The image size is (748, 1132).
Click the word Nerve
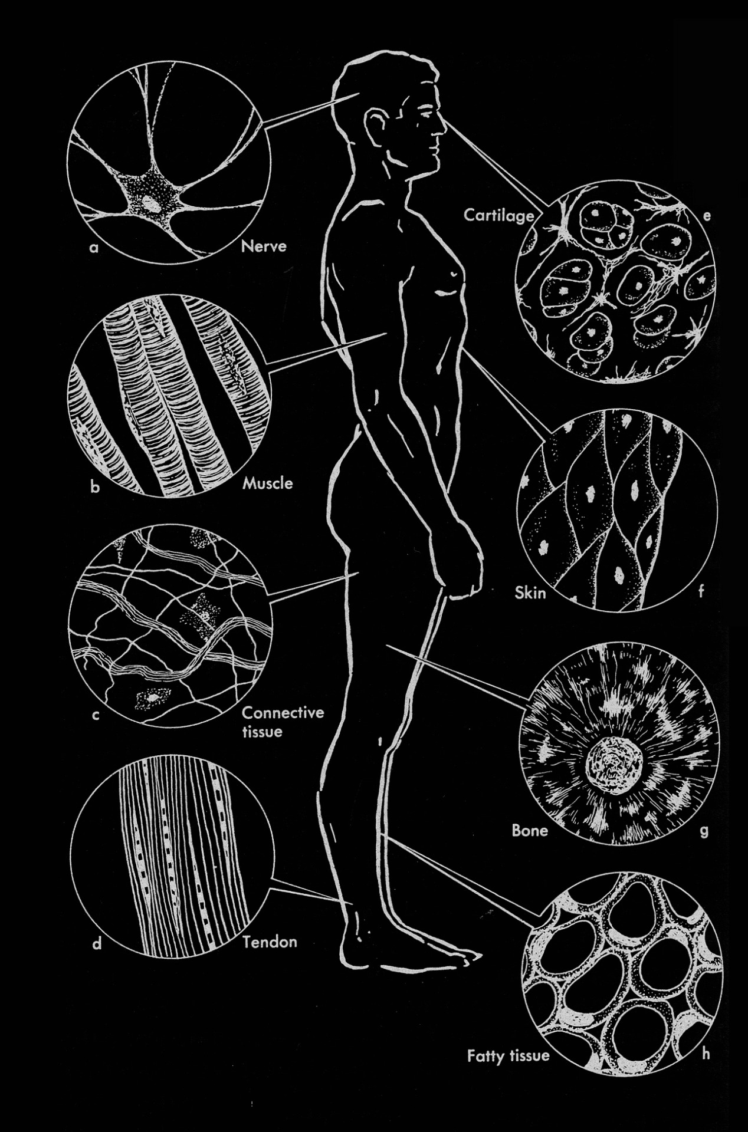coord(263,246)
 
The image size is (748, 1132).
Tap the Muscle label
coord(267,483)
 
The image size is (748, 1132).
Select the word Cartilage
coord(498,216)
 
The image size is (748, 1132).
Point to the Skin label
coord(530,593)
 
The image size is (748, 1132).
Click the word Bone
coord(530,831)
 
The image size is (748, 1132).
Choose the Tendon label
coord(270,942)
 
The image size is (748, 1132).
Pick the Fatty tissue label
coord(508,1055)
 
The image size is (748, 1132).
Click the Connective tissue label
coord(283,722)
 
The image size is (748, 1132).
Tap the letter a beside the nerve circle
coord(93,248)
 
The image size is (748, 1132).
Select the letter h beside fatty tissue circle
coord(706,1054)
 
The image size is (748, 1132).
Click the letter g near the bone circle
coord(703,831)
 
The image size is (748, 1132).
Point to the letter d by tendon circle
coord(97,944)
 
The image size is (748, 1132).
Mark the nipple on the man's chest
coord(453,273)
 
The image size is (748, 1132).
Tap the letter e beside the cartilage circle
coord(707,216)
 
